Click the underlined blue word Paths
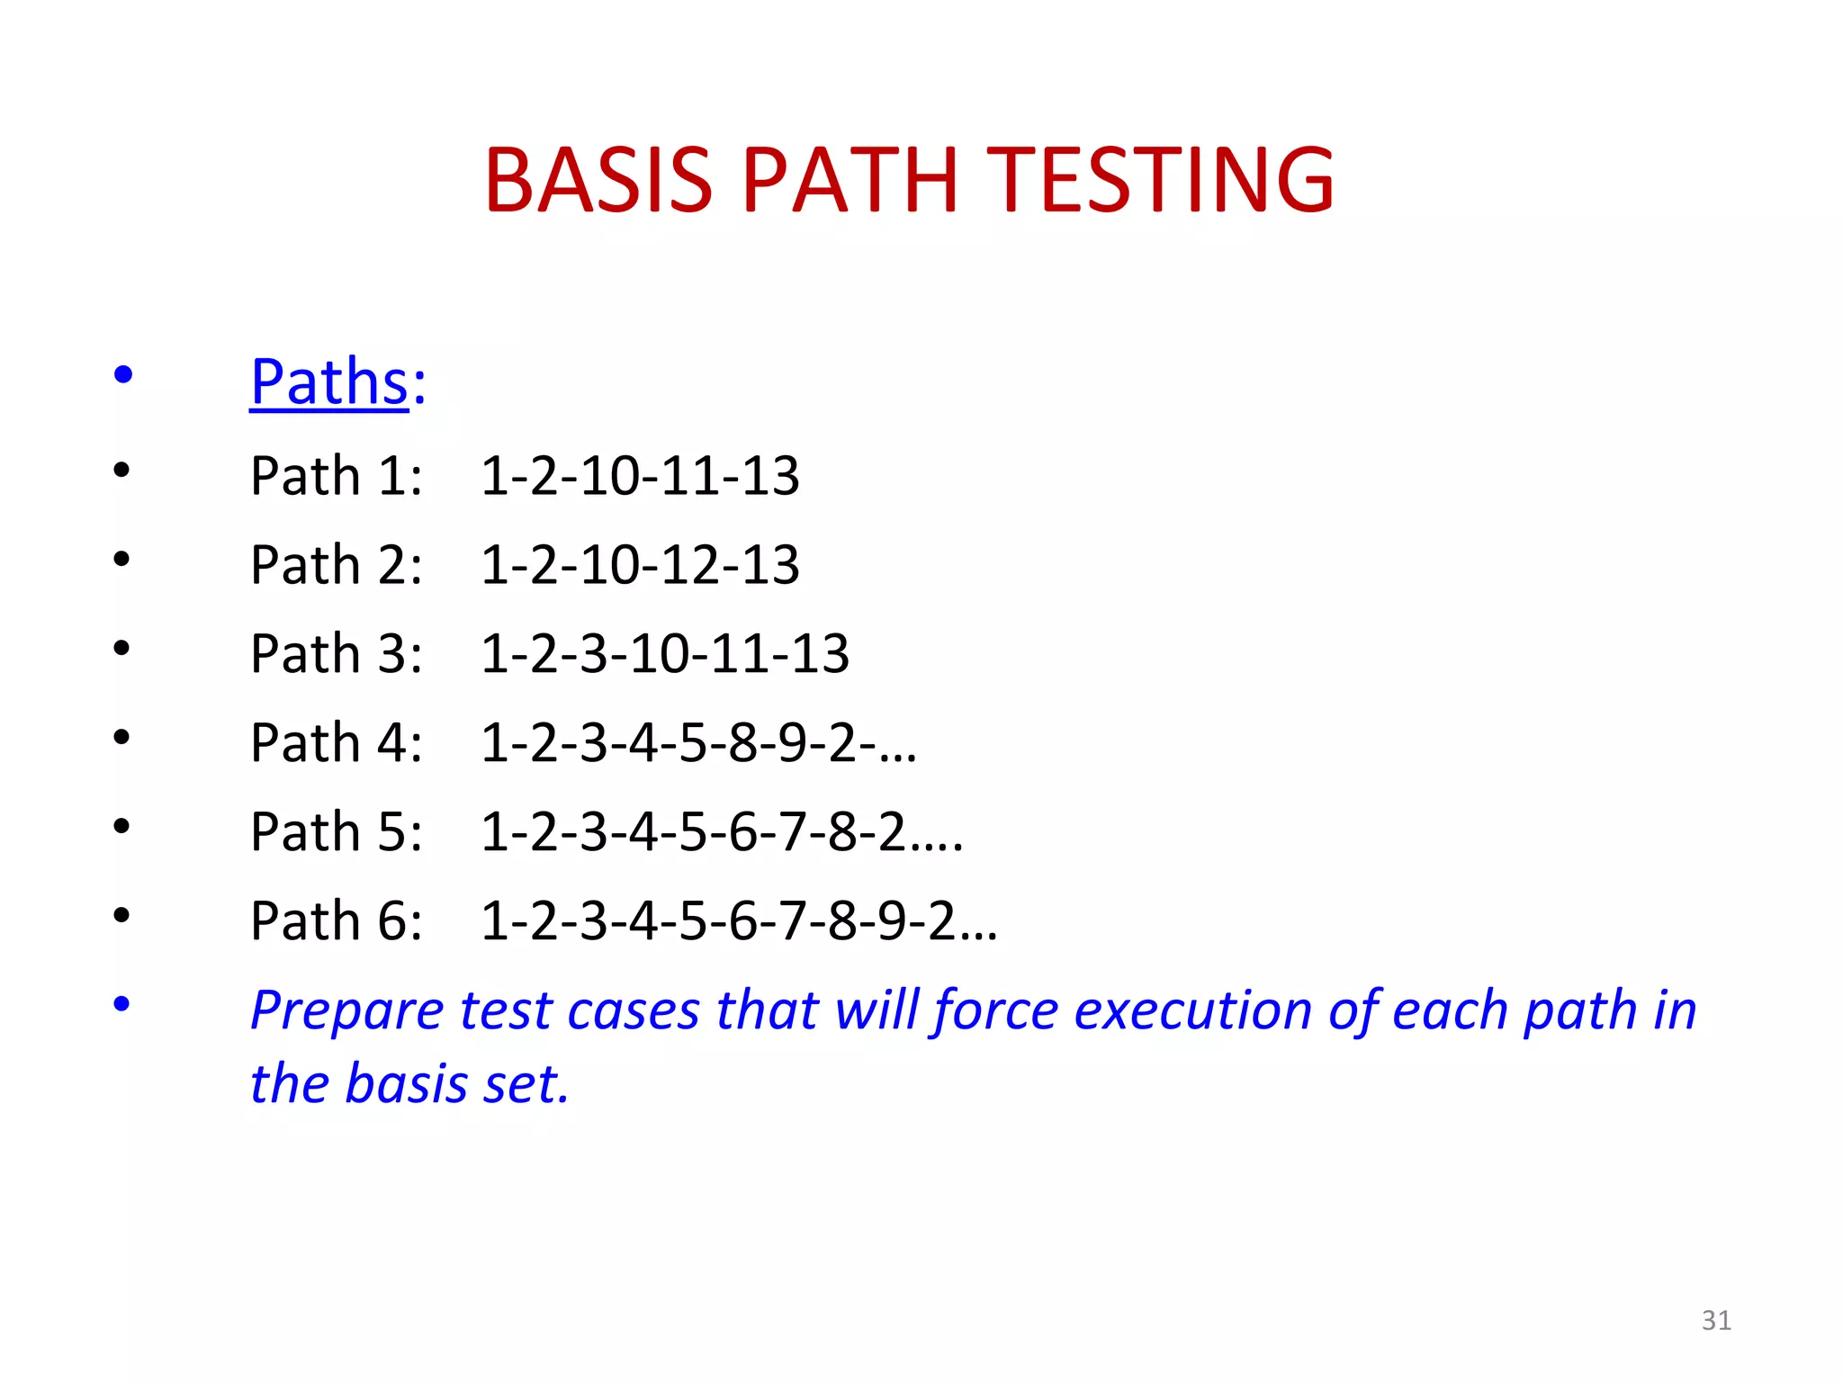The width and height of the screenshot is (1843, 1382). [329, 381]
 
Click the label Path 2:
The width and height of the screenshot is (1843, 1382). [336, 564]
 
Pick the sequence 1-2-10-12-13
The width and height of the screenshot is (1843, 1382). [640, 564]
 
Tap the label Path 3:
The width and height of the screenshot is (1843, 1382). [336, 653]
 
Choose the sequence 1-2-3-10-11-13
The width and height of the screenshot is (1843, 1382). [665, 653]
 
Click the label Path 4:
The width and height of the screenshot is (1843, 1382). [336, 742]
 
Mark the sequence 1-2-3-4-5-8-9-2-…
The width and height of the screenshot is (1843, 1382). [698, 743]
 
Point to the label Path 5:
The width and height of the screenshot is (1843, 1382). [336, 831]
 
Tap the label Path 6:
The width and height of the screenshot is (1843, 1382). [336, 920]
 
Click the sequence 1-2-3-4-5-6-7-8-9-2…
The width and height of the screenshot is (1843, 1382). [739, 921]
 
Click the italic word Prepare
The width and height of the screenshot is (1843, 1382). [346, 1010]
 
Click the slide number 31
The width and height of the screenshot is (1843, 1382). [1716, 1320]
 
